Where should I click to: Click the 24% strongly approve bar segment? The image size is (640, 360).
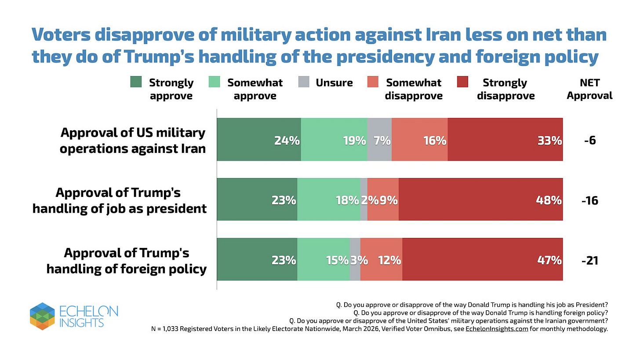click(x=259, y=140)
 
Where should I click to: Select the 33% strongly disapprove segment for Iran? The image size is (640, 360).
click(x=505, y=140)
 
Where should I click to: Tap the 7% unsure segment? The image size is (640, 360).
click(x=379, y=140)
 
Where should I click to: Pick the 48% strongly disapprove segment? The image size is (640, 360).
click(x=480, y=200)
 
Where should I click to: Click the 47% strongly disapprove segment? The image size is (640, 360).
click(x=482, y=259)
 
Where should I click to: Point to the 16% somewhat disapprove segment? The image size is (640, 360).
click(x=419, y=140)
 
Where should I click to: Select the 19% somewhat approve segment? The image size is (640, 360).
click(x=334, y=140)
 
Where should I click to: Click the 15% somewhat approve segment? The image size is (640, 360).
click(x=324, y=259)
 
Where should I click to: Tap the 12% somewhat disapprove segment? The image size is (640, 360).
click(x=381, y=259)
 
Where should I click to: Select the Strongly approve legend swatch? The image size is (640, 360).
click(x=136, y=82)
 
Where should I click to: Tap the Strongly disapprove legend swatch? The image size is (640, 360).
click(x=462, y=82)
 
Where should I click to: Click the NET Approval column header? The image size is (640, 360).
click(x=589, y=89)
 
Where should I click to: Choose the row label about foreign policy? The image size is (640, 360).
click(x=127, y=260)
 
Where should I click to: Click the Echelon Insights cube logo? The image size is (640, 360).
click(x=42, y=316)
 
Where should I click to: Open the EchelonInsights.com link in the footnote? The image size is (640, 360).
click(x=497, y=329)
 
